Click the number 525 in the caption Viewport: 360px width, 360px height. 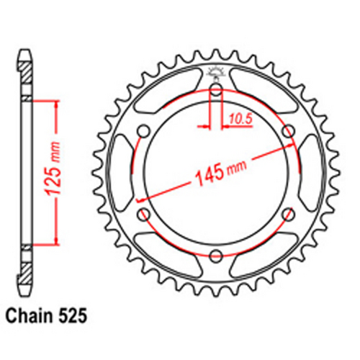point(75,315)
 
